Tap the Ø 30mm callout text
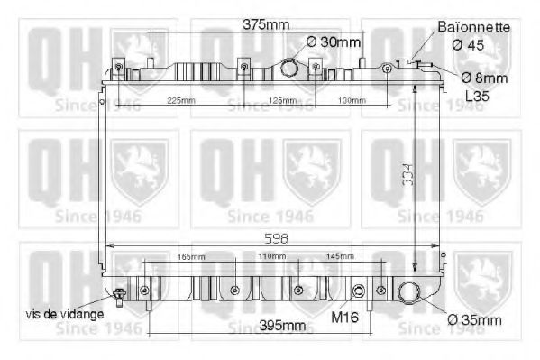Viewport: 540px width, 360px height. point(334,42)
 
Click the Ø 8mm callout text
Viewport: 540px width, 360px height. point(485,78)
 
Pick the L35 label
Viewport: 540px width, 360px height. point(477,95)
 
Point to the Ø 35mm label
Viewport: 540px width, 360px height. point(476,320)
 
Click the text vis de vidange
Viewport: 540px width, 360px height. point(64,313)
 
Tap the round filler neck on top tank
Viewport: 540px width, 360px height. point(289,68)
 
